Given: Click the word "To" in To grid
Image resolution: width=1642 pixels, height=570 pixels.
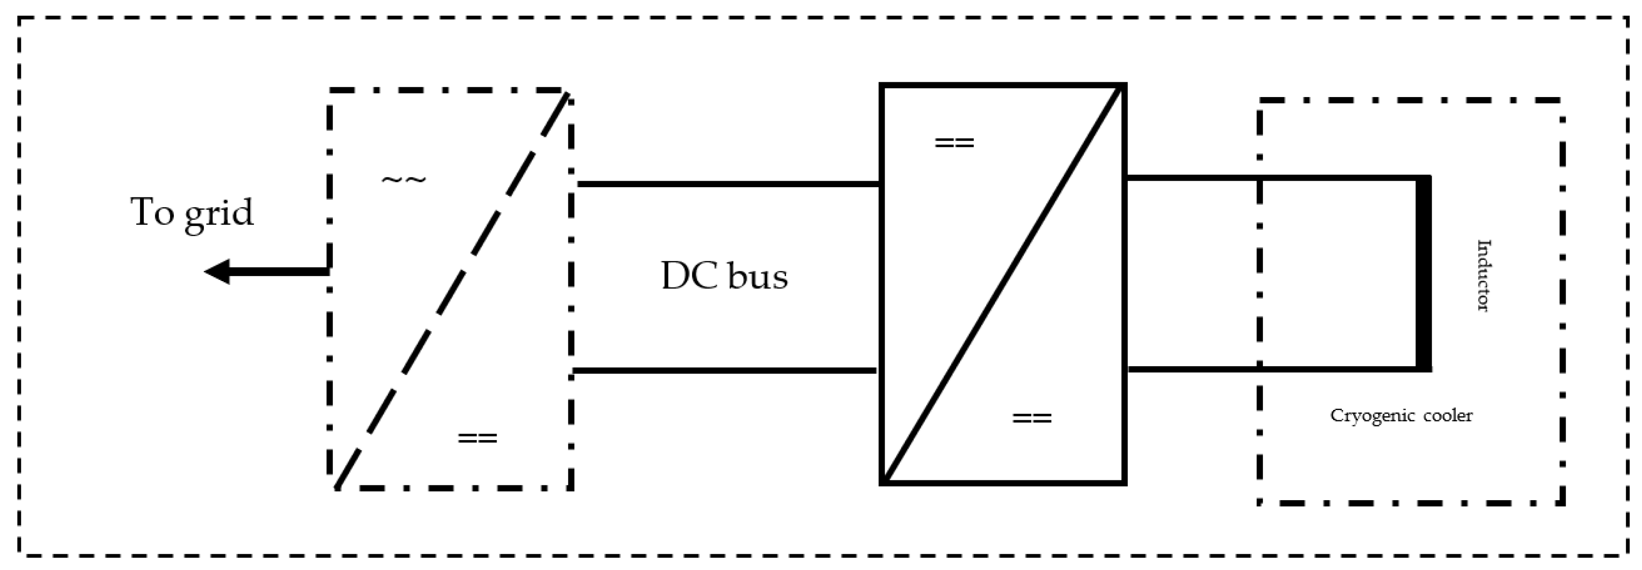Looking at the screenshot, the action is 153,212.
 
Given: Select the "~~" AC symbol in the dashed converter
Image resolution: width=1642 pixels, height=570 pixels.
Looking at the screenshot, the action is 404,179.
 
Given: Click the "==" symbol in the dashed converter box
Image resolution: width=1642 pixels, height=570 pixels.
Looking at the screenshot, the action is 477,439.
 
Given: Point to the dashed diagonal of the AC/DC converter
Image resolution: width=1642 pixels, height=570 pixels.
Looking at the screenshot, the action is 451,291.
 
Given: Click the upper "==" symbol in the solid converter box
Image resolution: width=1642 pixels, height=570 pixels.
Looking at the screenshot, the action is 954,143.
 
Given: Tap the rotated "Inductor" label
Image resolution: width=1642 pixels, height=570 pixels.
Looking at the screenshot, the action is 1483,276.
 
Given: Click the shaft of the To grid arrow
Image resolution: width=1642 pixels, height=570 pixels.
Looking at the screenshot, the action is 281,272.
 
